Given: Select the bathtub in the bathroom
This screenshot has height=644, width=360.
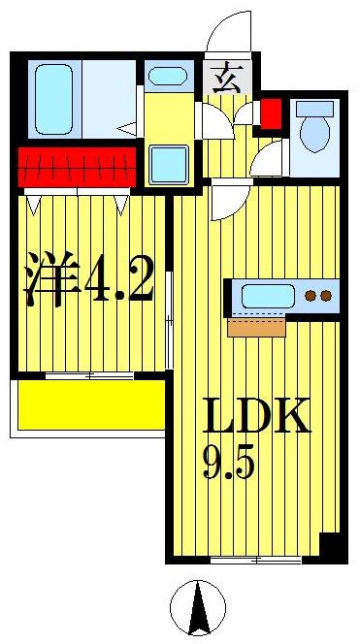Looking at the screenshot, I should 53,100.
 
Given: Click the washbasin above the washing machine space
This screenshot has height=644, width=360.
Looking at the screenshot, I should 171,77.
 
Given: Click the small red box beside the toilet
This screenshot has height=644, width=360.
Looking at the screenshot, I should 271,113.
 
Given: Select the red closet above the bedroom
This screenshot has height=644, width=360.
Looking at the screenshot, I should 75,167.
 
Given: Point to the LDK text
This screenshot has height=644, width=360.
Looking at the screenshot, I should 256,417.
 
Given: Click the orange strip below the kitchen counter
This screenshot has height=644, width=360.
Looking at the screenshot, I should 256,328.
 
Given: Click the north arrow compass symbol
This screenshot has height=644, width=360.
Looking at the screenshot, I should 198,607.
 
